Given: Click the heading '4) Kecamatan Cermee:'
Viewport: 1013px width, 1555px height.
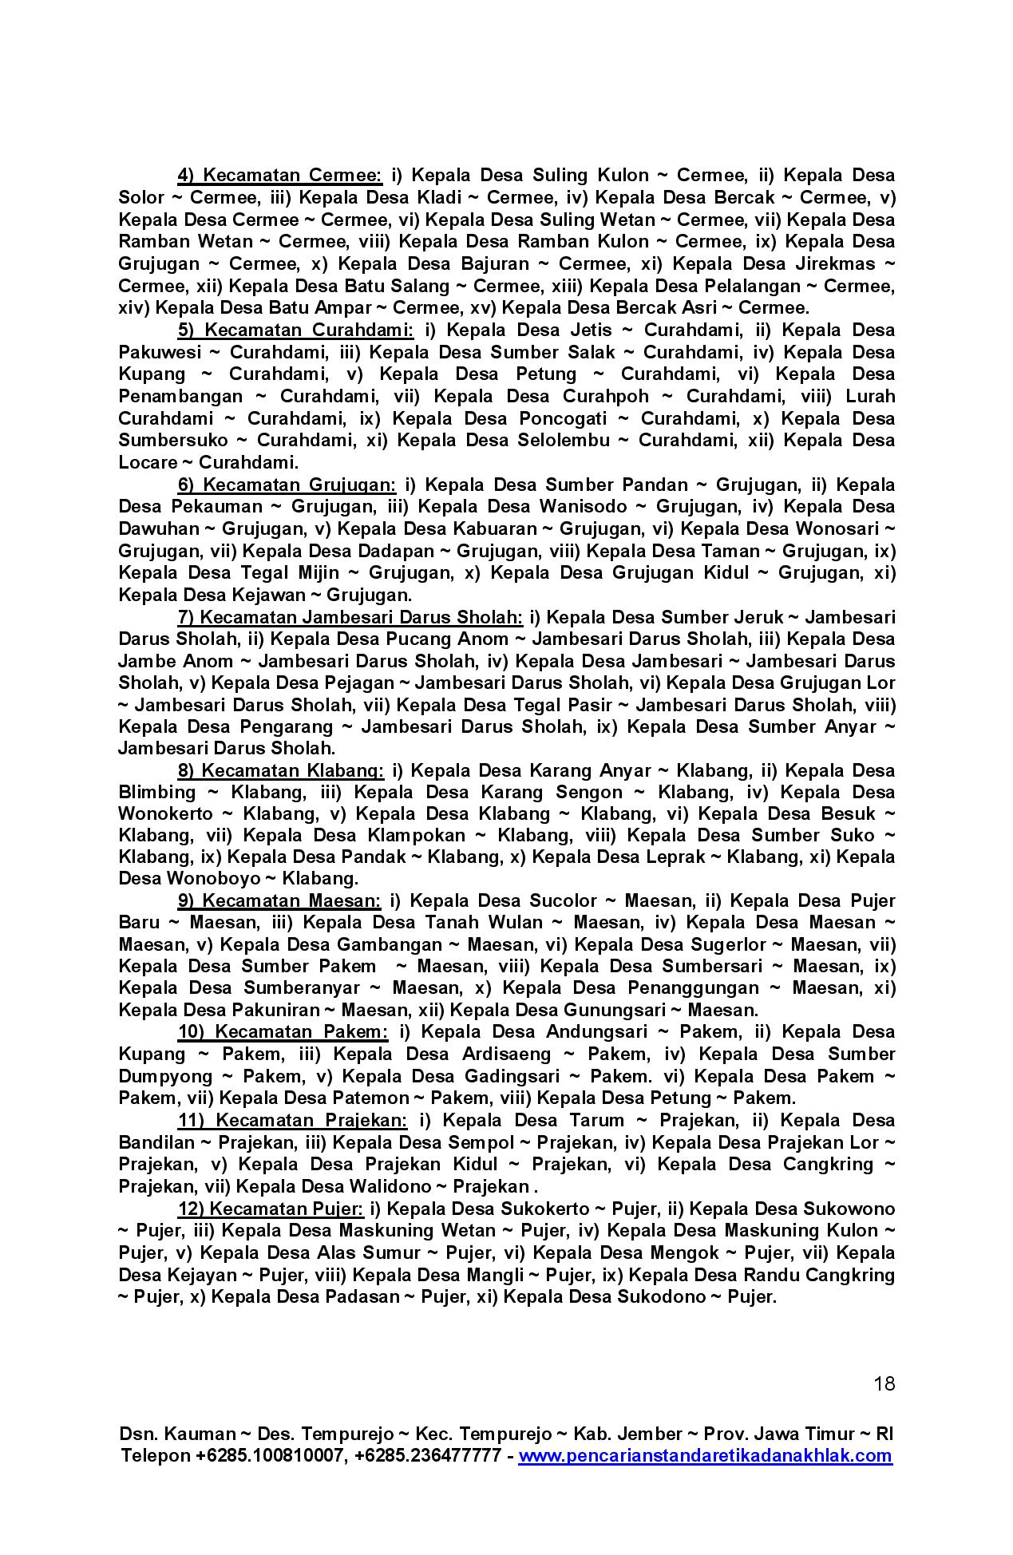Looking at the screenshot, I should (x=279, y=176).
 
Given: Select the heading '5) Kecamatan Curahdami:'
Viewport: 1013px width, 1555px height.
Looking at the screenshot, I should (x=295, y=330).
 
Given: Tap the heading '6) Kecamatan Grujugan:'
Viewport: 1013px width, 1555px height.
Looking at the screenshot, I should (x=287, y=485).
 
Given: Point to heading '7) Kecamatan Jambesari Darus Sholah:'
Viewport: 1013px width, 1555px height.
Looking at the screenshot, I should (x=350, y=618).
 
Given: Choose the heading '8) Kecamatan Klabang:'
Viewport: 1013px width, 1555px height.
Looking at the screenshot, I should (x=280, y=771).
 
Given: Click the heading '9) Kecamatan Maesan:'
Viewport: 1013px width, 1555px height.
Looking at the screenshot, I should (x=279, y=901).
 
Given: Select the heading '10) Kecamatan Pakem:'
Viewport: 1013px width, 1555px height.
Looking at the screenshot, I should (x=283, y=1032).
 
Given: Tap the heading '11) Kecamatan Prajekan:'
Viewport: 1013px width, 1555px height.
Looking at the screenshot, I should (x=292, y=1121).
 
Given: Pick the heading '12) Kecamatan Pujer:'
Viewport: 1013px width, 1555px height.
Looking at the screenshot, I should (x=270, y=1209).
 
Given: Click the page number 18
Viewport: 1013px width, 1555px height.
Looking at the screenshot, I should (x=884, y=1383).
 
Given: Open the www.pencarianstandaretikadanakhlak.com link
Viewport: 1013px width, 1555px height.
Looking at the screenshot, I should (x=705, y=1455).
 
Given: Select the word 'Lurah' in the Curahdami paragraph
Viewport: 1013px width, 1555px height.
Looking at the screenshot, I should (x=870, y=397).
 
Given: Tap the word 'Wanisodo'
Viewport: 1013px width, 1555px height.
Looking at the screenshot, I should (x=582, y=507).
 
